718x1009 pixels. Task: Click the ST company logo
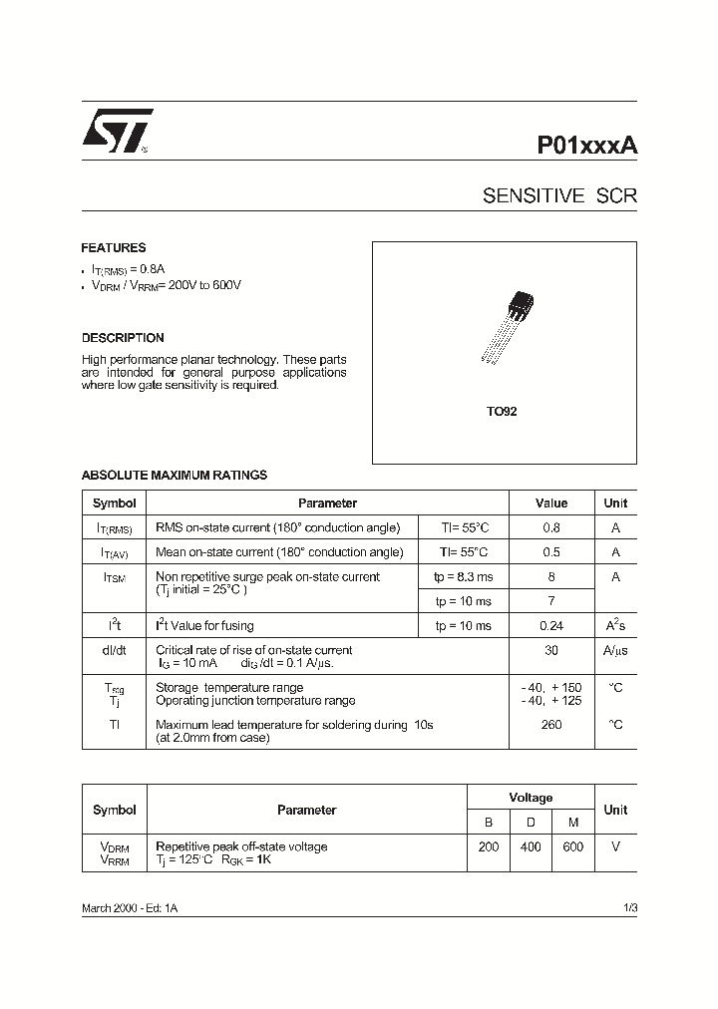[116, 131]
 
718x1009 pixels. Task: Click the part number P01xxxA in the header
[587, 144]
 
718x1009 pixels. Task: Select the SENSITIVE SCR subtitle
[559, 196]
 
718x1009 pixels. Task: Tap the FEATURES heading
[114, 248]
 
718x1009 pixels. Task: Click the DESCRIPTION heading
[123, 338]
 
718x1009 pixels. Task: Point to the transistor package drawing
[508, 325]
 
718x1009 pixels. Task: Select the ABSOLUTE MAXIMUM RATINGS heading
[175, 476]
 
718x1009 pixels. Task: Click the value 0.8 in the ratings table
[551, 528]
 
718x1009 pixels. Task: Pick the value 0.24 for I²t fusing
[551, 626]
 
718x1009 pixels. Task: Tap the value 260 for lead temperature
[551, 725]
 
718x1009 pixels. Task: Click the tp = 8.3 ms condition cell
[463, 577]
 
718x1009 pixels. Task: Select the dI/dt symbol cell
[114, 650]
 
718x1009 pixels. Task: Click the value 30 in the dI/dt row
[551, 650]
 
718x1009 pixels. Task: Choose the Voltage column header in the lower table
[531, 798]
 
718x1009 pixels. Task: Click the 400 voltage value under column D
[531, 846]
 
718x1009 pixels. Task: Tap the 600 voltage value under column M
[573, 846]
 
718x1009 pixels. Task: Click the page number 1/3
[628, 909]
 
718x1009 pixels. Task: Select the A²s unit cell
[615, 626]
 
